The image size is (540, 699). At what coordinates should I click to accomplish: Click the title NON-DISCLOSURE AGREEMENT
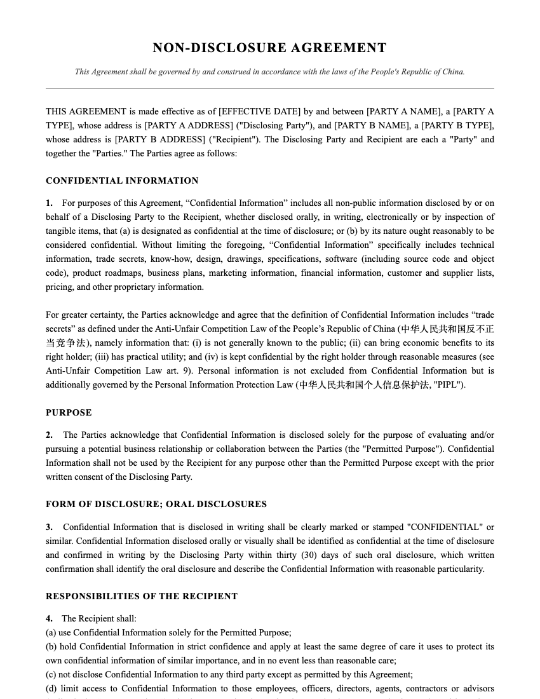pyautogui.click(x=269, y=48)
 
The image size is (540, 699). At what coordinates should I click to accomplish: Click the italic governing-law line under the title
pyautogui.click(x=269, y=72)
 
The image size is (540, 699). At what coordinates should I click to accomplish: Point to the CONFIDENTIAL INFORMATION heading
pyautogui.click(x=122, y=181)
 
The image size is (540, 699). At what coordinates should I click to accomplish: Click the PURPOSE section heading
pyautogui.click(x=69, y=413)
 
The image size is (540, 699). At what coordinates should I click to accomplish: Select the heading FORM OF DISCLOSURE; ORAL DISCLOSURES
pyautogui.click(x=156, y=505)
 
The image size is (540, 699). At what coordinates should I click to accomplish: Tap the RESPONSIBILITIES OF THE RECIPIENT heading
pyautogui.click(x=142, y=597)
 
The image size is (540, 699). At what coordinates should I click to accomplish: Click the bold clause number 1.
pyautogui.click(x=49, y=203)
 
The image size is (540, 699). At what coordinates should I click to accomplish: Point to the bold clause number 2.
pyautogui.click(x=49, y=435)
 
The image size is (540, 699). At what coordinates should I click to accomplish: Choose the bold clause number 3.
pyautogui.click(x=49, y=527)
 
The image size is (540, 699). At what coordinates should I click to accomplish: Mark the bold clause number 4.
pyautogui.click(x=49, y=619)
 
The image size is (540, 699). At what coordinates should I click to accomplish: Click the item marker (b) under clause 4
pyautogui.click(x=51, y=647)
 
